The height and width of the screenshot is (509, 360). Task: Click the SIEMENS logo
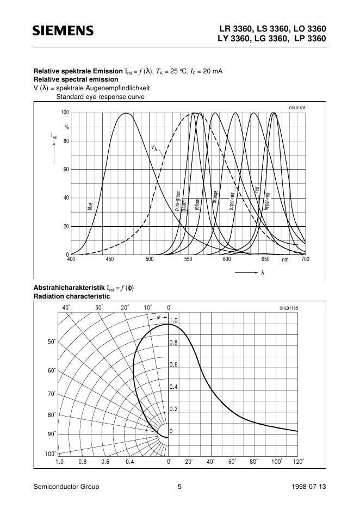click(x=63, y=32)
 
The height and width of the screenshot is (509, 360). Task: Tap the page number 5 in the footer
click(x=179, y=487)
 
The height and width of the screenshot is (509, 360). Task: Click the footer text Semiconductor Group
click(x=66, y=487)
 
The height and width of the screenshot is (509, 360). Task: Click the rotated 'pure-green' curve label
click(x=177, y=200)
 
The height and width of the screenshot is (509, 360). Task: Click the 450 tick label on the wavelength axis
click(x=110, y=260)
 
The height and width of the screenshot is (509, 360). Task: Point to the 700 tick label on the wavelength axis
click(x=305, y=260)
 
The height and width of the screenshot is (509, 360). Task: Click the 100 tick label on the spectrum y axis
click(x=65, y=113)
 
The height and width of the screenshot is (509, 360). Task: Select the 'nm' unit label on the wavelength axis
click(x=285, y=260)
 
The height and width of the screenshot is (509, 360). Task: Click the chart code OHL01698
click(x=297, y=108)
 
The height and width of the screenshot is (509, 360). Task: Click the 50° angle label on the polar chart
click(x=51, y=342)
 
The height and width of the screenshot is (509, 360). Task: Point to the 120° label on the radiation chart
click(x=298, y=462)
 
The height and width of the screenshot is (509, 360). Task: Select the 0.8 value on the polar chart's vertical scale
click(x=173, y=343)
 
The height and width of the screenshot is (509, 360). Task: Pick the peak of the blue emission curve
click(x=126, y=113)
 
